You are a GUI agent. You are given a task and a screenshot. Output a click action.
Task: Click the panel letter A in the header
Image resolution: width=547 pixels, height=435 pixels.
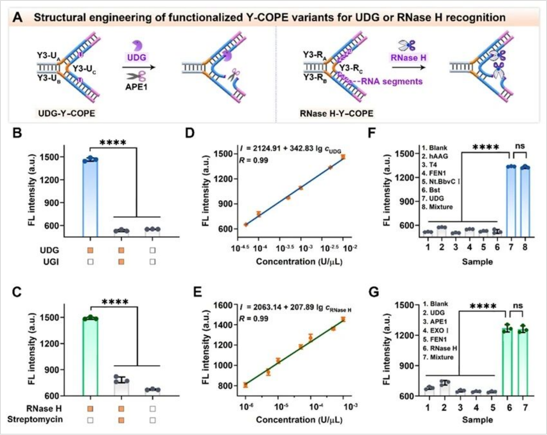coord(18,18)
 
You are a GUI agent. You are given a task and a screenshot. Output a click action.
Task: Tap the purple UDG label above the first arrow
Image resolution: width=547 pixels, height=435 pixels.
coord(136,57)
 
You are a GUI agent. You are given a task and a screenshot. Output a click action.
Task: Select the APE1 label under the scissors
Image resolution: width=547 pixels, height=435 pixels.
coord(136,87)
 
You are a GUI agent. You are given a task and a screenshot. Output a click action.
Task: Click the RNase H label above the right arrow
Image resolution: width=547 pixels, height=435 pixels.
coord(408,58)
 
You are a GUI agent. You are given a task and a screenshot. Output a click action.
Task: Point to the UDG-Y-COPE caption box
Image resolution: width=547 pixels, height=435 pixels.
coord(66,114)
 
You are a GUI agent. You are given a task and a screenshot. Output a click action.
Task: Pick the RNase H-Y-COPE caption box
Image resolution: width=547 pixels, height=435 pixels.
coord(336,114)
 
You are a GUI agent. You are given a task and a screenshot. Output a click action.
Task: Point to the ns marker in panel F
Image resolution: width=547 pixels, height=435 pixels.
coord(519,146)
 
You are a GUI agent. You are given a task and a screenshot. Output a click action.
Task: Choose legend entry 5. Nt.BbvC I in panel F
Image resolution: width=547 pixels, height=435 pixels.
coord(441,182)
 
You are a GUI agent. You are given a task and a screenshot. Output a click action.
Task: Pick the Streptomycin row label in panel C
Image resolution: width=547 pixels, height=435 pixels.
coord(35,419)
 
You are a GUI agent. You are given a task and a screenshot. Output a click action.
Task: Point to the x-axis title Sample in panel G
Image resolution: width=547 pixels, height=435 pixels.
coord(477,420)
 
